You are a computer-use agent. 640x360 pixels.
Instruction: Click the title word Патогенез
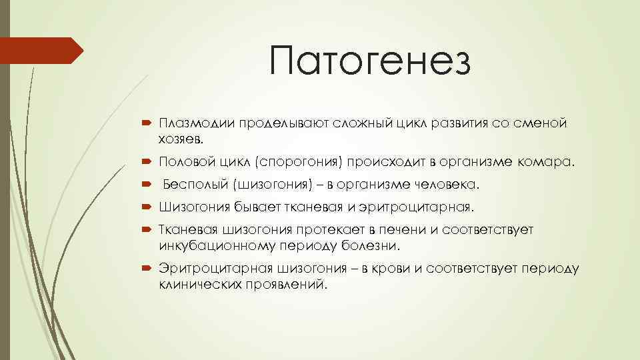[371, 62]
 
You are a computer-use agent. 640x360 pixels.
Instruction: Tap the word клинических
[198, 284]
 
